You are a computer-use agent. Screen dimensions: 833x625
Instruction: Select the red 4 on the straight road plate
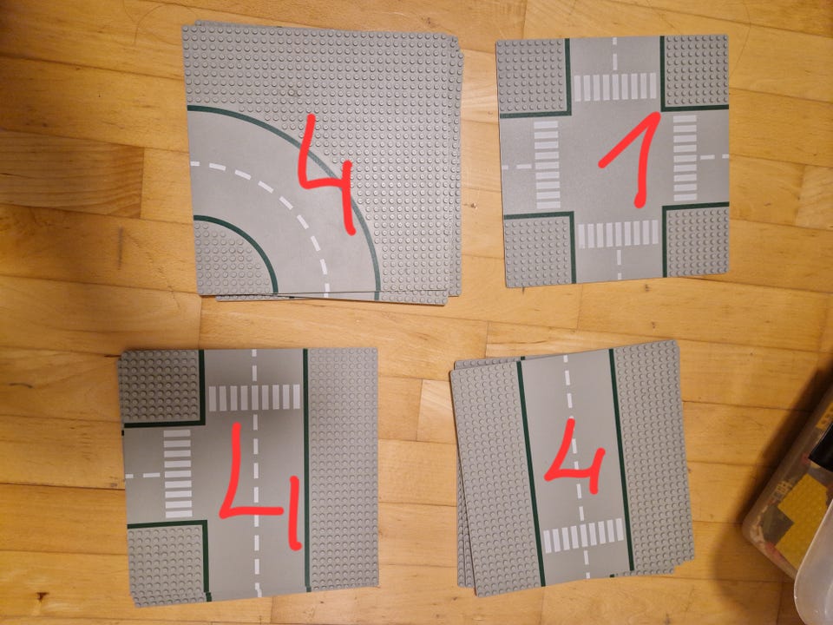576,463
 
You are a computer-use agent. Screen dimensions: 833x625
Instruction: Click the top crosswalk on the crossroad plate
614,87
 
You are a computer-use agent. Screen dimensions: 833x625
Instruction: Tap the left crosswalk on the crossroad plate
547,164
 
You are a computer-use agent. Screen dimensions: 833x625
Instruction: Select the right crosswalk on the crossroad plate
685,157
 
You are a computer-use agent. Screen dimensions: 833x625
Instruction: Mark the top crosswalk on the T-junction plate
254,397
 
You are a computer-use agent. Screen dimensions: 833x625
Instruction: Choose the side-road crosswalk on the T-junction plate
177,474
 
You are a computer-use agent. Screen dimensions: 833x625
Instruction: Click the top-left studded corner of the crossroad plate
532,77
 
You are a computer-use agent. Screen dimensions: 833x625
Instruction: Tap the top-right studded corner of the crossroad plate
696,71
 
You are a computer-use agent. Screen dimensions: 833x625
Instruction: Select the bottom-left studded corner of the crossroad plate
538,250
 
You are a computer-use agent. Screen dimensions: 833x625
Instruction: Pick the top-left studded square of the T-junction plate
160,387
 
